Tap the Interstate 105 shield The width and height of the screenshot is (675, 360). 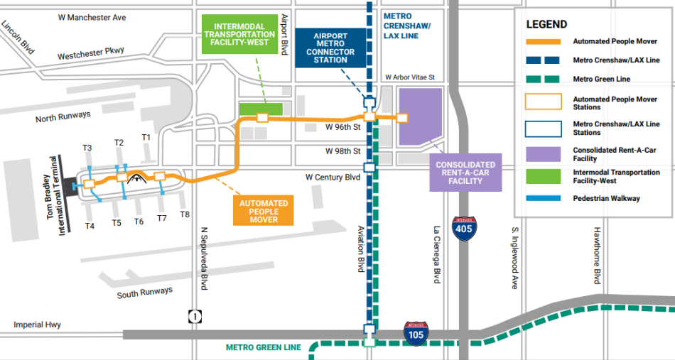pyautogui.click(x=416, y=332)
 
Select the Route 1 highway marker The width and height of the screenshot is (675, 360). pyautogui.click(x=194, y=317)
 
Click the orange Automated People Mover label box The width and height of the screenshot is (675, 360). pyautogui.click(x=264, y=211)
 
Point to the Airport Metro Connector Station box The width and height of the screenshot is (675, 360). pyautogui.click(x=330, y=48)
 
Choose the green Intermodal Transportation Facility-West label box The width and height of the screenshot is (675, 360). pyautogui.click(x=240, y=34)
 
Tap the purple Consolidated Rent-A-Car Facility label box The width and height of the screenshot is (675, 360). pyautogui.click(x=465, y=172)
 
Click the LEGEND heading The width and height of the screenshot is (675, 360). pyautogui.click(x=547, y=24)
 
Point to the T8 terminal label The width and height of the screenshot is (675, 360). pyautogui.click(x=185, y=214)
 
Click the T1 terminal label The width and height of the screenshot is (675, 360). pyautogui.click(x=146, y=137)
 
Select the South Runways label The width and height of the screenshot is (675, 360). pyautogui.click(x=145, y=293)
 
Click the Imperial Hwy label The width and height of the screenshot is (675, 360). pyautogui.click(x=37, y=324)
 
